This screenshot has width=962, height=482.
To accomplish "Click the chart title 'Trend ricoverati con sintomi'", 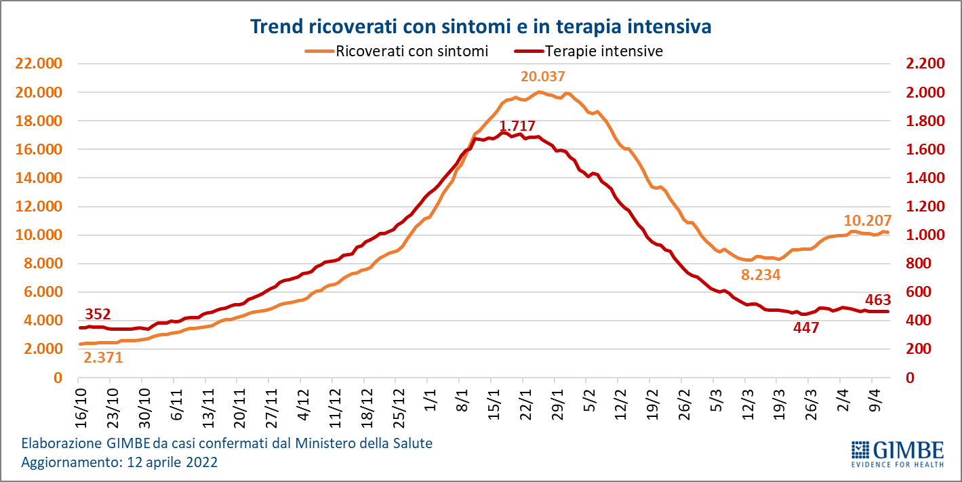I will click(x=481, y=26).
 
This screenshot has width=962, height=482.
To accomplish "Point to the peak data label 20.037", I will click(x=542, y=77).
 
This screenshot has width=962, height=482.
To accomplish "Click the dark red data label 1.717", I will click(x=517, y=126).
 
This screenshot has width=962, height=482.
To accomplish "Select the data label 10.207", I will click(x=867, y=220).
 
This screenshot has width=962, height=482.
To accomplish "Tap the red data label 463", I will click(x=878, y=300).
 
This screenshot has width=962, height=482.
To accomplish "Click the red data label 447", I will click(x=806, y=328).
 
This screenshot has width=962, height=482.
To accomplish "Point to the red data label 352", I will click(x=98, y=314).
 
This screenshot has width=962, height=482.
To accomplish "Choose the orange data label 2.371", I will click(x=103, y=357).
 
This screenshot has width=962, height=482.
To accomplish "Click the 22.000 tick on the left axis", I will click(x=35, y=64).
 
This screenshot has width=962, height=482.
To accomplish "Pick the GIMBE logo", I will click(x=897, y=454).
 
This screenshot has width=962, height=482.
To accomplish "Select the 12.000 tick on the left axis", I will click(x=35, y=207).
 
